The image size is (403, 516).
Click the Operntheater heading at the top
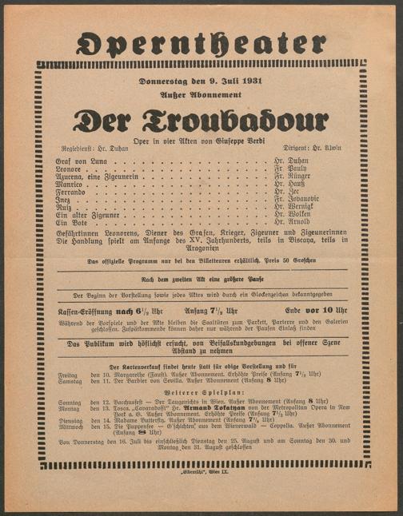pos(201,39)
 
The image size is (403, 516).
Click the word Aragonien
pos(201,248)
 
